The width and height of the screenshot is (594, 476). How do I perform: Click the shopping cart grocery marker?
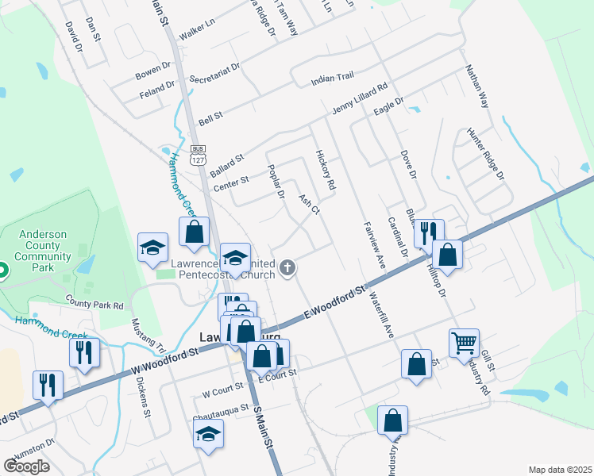(464, 344)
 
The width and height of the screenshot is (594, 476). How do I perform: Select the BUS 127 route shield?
(198, 155)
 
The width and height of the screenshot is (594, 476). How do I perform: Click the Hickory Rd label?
(325, 170)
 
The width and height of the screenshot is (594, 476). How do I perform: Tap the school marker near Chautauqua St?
(208, 433)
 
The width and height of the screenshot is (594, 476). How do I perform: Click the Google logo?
(27, 466)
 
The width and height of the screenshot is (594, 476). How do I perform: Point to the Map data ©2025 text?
(560, 470)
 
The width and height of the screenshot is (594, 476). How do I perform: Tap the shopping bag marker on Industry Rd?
(392, 421)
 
